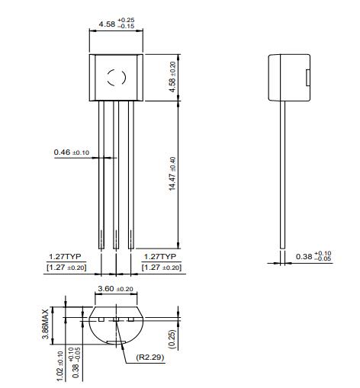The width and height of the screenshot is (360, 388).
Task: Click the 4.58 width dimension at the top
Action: click(117, 25)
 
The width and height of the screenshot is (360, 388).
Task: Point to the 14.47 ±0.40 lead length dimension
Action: click(172, 175)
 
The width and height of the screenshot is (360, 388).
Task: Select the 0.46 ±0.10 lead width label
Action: click(71, 152)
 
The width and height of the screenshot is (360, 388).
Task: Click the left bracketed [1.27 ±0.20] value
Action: click(66, 268)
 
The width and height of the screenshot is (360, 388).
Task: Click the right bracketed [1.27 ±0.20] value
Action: click(162, 268)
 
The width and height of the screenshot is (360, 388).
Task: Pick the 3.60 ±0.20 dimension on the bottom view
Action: click(115, 290)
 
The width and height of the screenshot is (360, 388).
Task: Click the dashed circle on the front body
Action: click(115, 76)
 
